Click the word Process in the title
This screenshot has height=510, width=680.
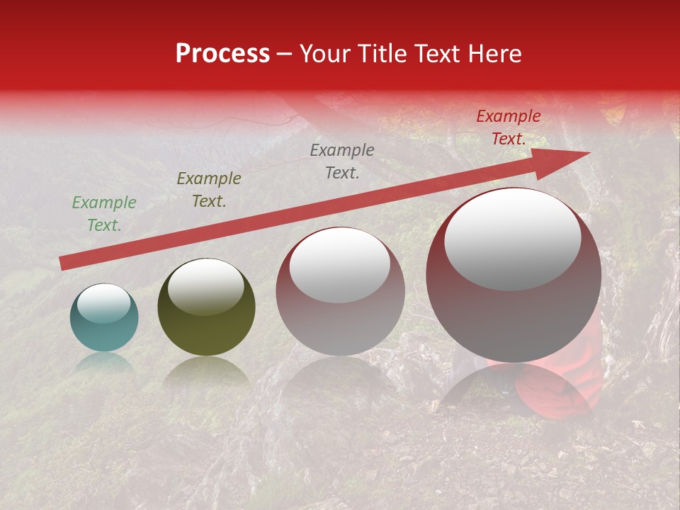[222, 54]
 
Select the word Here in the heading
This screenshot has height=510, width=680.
[495, 54]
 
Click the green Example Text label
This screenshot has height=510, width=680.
[104, 214]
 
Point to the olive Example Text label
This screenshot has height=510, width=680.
[208, 190]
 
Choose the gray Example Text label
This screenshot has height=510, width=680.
[342, 161]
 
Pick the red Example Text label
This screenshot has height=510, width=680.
[508, 127]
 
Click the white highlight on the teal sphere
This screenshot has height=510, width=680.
[104, 303]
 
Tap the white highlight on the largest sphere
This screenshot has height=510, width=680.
[512, 239]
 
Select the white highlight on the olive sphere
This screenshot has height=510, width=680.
[206, 285]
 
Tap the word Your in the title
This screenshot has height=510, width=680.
[326, 54]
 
